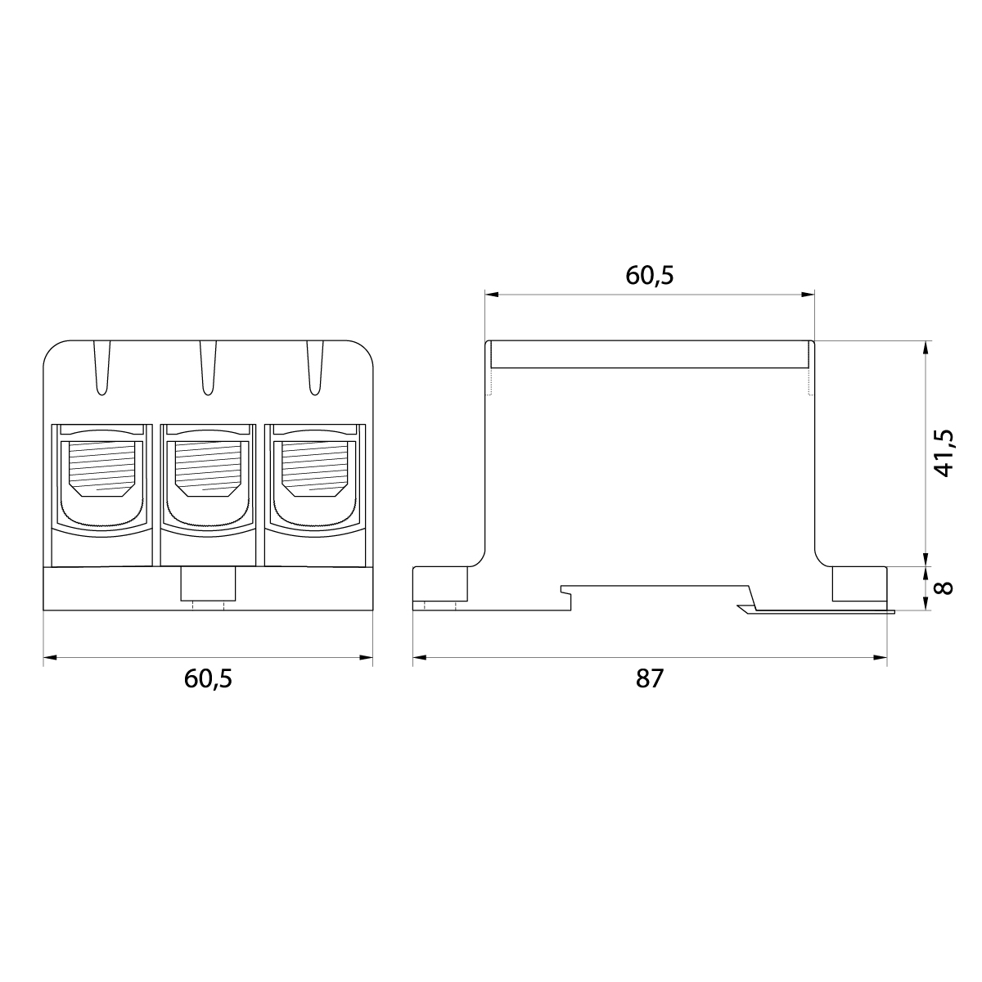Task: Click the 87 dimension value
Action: click(x=649, y=679)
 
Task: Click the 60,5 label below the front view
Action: click(x=208, y=679)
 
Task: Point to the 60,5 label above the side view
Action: click(x=649, y=276)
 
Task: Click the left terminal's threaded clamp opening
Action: click(x=101, y=468)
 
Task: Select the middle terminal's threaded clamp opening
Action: click(x=208, y=468)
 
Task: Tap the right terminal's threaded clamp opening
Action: click(x=314, y=468)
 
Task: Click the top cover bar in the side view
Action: click(x=649, y=354)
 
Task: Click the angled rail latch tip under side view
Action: click(x=745, y=608)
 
